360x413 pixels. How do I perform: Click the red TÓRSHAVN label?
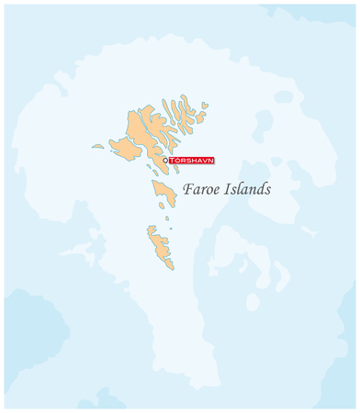point(191,160)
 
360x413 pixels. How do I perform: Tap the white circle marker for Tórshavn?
point(165,160)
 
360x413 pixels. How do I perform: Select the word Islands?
point(248,190)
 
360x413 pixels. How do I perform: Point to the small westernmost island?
point(97,146)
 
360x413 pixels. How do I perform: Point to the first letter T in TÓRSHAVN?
point(172,160)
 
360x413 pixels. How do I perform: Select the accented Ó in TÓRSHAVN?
point(177,160)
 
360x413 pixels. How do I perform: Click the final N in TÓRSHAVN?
point(211,160)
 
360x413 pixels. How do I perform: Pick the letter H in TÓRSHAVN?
point(194,160)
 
